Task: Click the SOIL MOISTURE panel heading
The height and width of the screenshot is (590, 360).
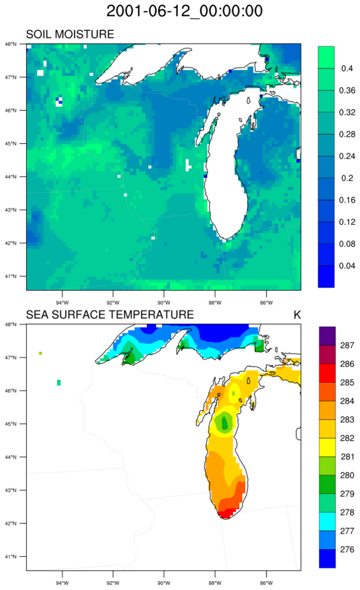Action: (70, 35)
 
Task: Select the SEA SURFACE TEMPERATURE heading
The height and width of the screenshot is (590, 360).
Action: (110, 315)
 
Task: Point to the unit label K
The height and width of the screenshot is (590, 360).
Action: (297, 315)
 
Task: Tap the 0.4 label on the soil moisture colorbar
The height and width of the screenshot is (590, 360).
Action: (348, 69)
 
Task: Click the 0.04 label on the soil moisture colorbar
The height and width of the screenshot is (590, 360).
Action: (348, 265)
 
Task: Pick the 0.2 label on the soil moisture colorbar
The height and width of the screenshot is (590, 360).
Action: (348, 178)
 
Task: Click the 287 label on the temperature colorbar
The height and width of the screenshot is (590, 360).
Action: (347, 346)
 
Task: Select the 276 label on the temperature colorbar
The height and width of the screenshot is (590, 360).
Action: (347, 548)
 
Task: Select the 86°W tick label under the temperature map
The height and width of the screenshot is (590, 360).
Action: (266, 582)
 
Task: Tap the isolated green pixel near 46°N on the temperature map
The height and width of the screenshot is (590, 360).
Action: (59, 382)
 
